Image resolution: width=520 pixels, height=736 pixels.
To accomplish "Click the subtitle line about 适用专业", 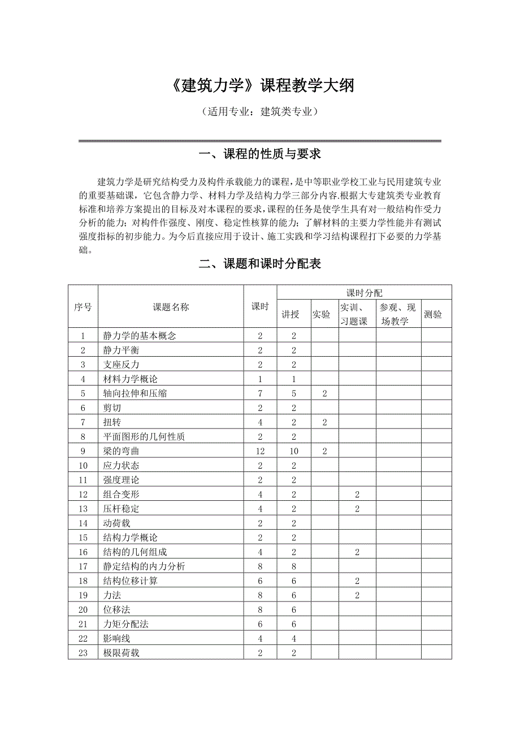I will click(x=260, y=111).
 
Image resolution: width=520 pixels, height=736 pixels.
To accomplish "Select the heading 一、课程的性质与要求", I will click(x=260, y=154).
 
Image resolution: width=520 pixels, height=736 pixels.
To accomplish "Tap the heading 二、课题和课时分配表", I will click(x=260, y=263).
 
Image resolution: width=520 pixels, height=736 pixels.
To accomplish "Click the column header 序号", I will click(x=83, y=306).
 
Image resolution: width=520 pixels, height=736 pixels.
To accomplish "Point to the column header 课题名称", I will click(x=171, y=306).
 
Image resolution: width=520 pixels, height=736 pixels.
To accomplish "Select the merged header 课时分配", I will click(x=364, y=292).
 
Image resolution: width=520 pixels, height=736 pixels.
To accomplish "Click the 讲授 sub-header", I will click(x=291, y=314).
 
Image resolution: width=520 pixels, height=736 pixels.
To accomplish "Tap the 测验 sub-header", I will click(x=432, y=314).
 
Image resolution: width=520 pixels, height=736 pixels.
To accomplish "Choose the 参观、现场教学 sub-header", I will click(x=398, y=314).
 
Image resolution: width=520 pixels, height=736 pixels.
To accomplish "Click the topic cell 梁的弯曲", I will click(x=121, y=451).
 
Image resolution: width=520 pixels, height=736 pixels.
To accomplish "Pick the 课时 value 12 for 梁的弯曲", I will click(x=260, y=451).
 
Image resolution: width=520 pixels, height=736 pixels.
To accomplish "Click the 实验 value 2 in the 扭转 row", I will click(x=324, y=422).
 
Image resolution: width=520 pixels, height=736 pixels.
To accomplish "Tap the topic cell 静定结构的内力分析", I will click(x=144, y=566).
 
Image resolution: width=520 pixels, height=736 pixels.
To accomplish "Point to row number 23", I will click(x=83, y=652).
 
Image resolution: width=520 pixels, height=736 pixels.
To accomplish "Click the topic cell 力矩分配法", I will click(x=126, y=624).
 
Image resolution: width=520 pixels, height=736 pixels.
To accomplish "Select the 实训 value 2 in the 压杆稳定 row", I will click(x=357, y=509).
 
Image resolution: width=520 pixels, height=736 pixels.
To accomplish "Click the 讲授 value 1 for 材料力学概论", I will click(x=294, y=379).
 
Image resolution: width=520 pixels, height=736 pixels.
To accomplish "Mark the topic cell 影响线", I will click(x=117, y=638).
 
